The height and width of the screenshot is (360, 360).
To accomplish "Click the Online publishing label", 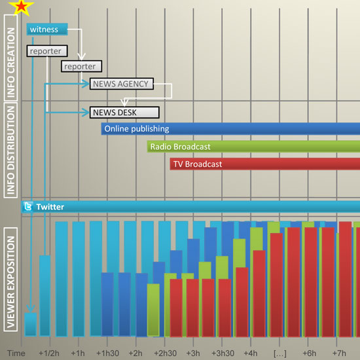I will [x=136, y=129].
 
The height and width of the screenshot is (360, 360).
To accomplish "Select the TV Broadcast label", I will [x=197, y=164].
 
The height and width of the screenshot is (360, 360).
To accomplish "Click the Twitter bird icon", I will [x=28, y=207].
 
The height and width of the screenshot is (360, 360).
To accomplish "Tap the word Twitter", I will [x=50, y=207].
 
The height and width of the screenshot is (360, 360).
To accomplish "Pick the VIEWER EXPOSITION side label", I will [x=10, y=279].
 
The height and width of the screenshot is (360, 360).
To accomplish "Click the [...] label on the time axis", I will [x=279, y=353].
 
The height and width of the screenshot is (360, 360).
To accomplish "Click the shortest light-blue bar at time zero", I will [x=30, y=324].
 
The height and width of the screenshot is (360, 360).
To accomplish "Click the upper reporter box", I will [x=45, y=50].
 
